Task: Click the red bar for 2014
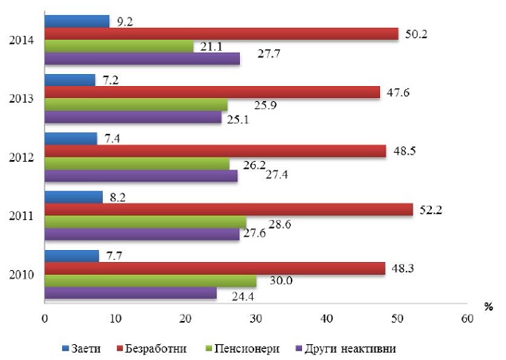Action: coord(222,34)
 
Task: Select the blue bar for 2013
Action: coord(69,80)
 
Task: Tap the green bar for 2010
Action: coord(151,281)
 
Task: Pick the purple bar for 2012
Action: coord(141,176)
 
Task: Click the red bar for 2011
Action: coord(229,209)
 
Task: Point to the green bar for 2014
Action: coord(119,46)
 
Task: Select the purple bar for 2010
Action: coord(131,293)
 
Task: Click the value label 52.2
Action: coord(431,210)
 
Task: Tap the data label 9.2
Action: coord(125,22)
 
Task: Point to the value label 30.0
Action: coord(281,280)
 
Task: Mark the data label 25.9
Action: coord(265,105)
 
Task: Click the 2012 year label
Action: coord(22,158)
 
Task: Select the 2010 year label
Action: coord(22,275)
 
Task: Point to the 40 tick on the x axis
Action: coord(327,319)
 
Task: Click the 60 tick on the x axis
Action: coord(467,319)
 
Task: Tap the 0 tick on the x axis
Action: coord(45,319)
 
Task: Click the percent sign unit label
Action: coord(488,307)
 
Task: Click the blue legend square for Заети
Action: coord(65,349)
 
